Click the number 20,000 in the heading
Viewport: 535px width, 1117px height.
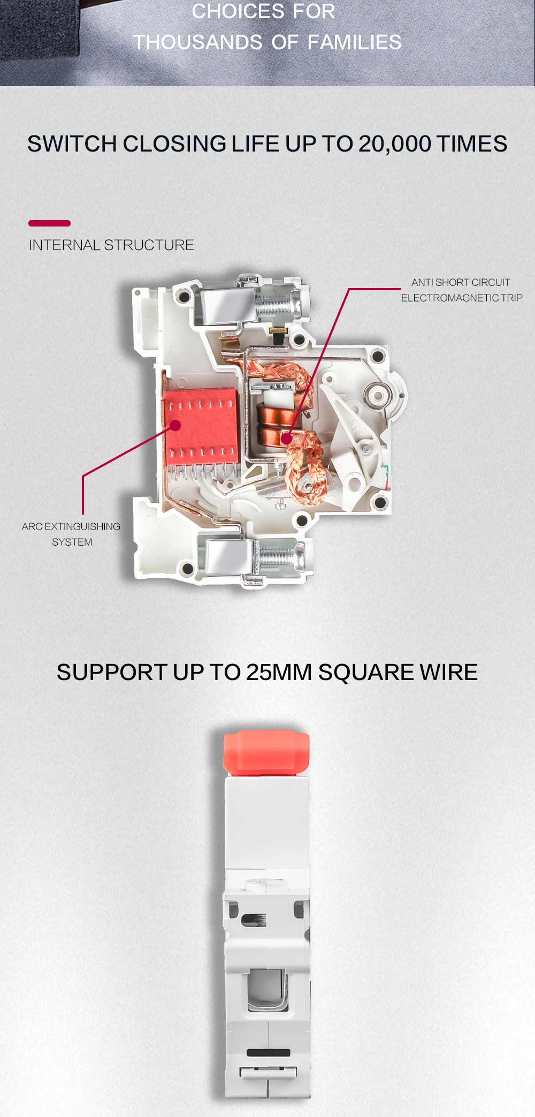click(395, 144)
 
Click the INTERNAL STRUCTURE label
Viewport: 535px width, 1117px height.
click(111, 245)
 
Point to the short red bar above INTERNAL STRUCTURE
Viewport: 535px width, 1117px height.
click(49, 223)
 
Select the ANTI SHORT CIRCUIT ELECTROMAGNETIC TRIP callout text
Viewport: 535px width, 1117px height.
click(461, 290)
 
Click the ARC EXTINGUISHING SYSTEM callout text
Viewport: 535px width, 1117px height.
click(71, 534)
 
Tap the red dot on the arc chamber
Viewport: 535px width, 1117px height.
click(175, 426)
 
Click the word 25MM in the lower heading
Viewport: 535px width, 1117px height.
click(279, 673)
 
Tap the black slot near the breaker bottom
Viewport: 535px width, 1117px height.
click(268, 1053)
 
